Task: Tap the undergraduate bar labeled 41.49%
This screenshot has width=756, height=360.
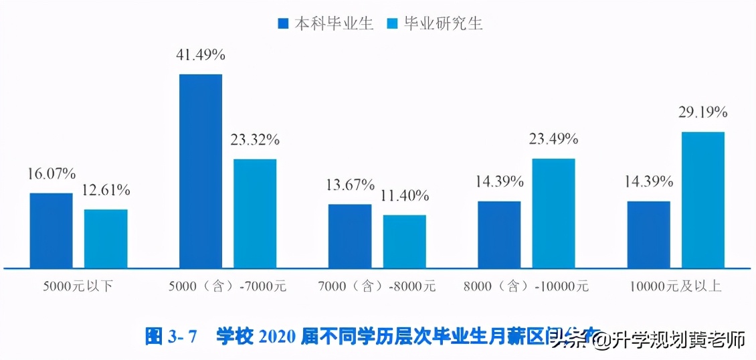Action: (x=201, y=171)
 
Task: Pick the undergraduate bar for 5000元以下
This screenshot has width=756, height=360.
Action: (x=51, y=230)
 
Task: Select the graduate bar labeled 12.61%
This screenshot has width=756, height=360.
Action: (x=106, y=238)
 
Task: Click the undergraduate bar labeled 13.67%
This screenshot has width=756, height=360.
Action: (x=349, y=236)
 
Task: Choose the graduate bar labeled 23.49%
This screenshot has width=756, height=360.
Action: (x=553, y=213)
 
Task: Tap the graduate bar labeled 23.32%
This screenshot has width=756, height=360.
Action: (x=255, y=213)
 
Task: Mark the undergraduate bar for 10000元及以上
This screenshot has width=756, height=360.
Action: (x=648, y=234)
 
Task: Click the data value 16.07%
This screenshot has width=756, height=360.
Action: (x=52, y=175)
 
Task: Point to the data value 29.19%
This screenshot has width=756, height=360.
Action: (x=702, y=113)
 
